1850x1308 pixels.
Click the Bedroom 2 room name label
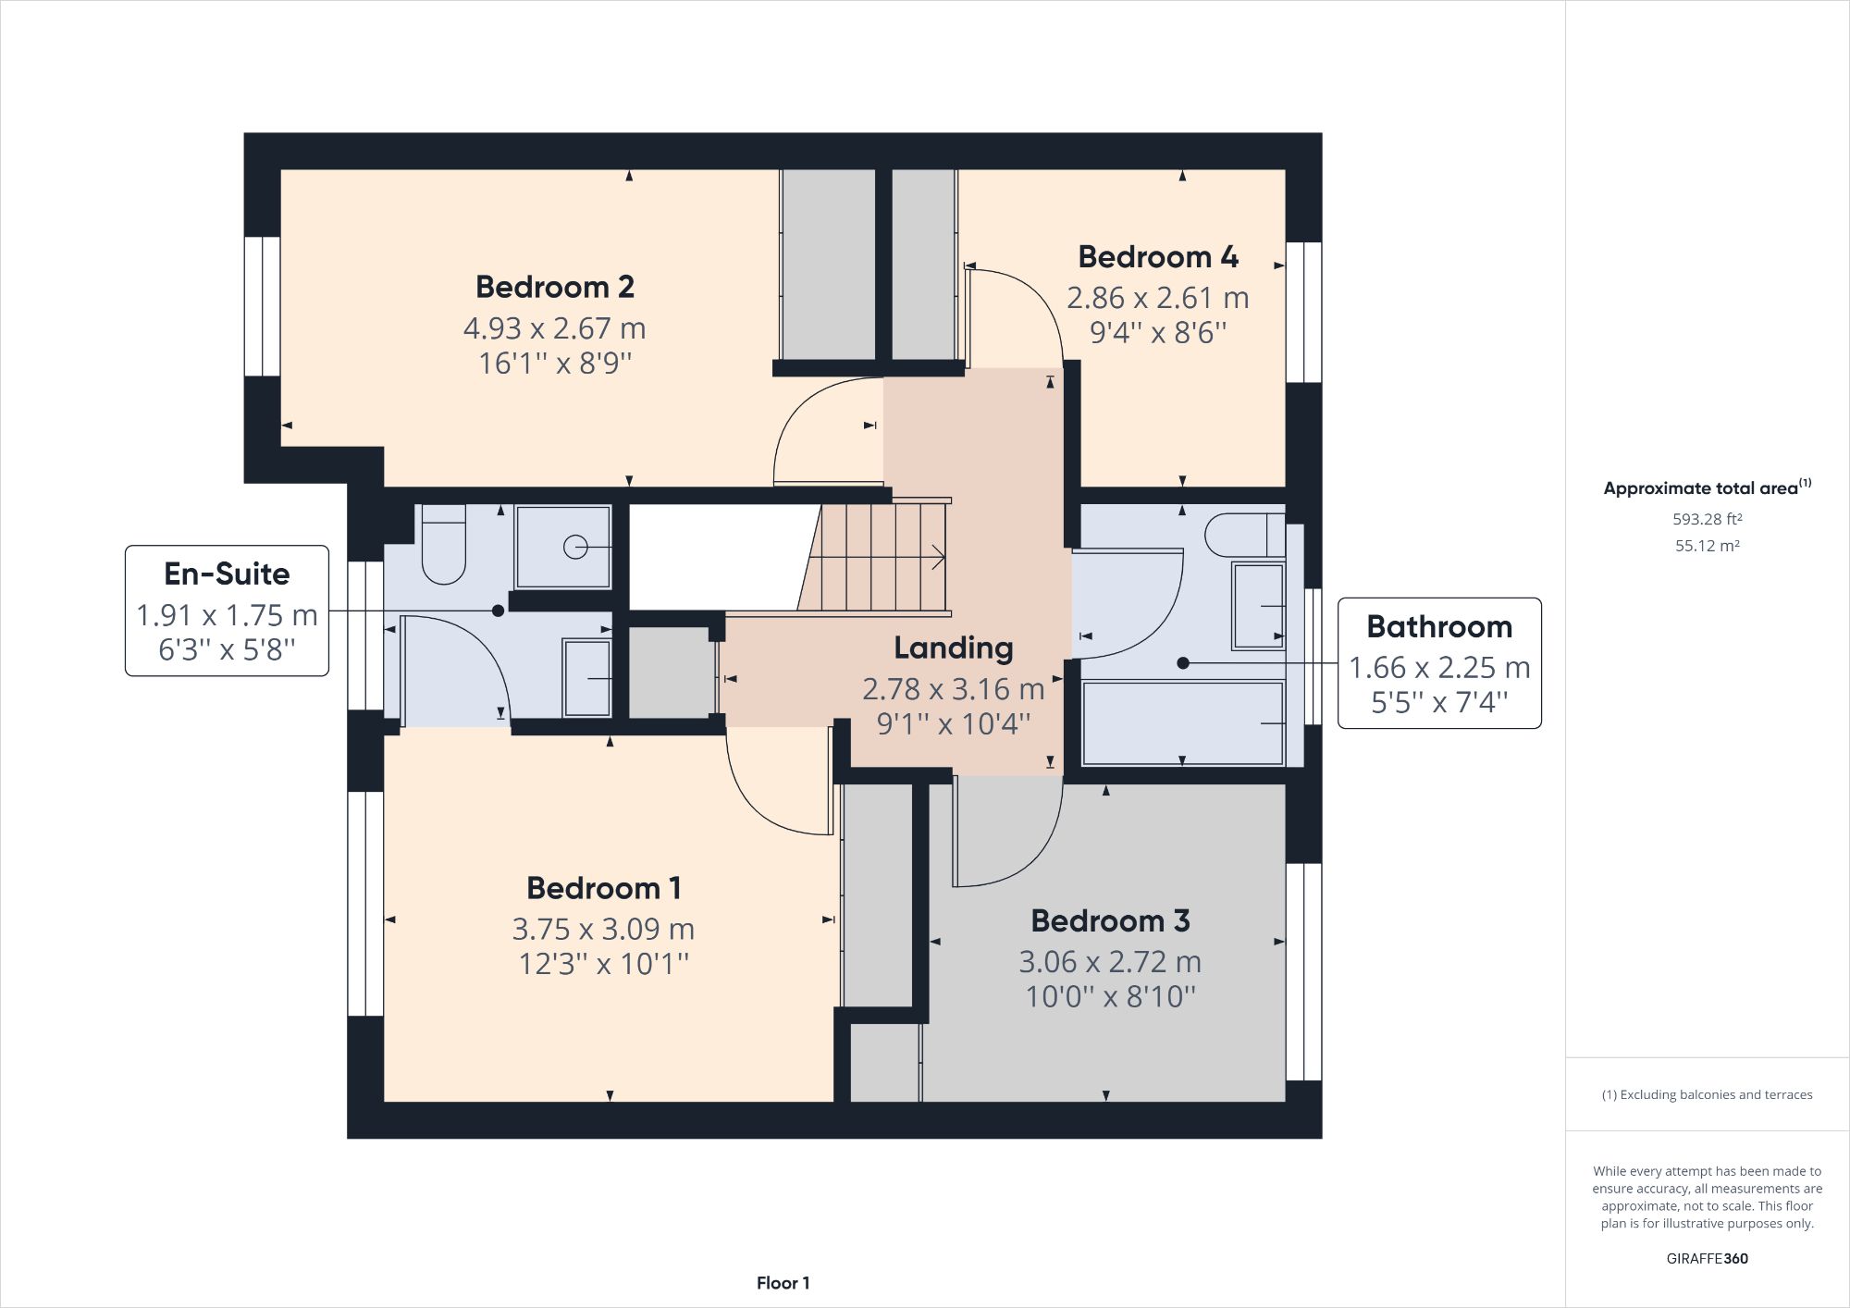coord(555,287)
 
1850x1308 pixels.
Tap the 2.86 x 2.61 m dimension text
coord(1157,298)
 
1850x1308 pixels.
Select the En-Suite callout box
coord(227,611)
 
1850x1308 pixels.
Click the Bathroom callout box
coord(1439,663)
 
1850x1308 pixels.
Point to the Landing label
coord(953,648)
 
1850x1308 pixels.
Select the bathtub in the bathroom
coord(1182,723)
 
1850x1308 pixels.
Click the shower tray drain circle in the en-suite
coord(574,548)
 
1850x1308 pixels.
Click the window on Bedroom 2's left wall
coord(263,306)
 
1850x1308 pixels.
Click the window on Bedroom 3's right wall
coord(1303,971)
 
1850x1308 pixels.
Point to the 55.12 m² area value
coord(1707,546)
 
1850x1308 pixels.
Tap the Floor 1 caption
coord(783,1283)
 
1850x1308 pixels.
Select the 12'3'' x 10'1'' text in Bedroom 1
coord(603,964)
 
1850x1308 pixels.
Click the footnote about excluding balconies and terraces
coord(1707,1094)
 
